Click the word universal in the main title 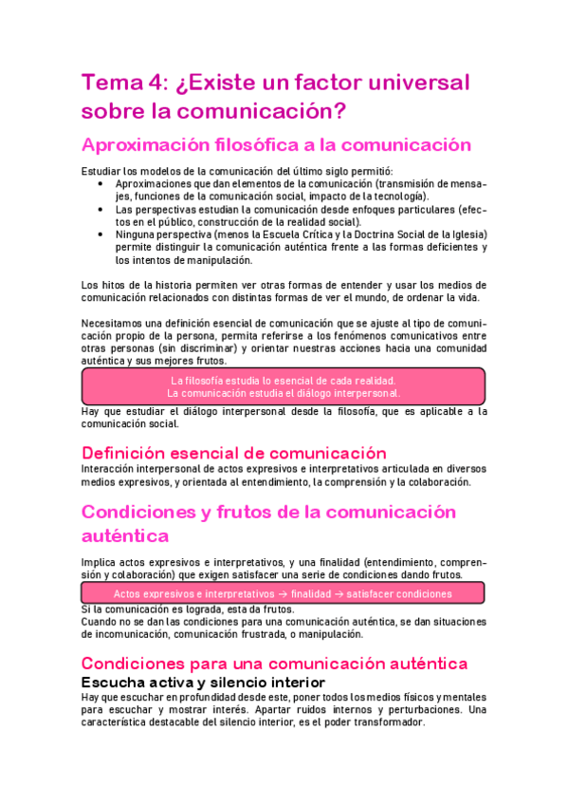tap(415, 83)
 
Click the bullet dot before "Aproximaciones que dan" tap(101, 183)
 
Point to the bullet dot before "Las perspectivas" tap(101, 209)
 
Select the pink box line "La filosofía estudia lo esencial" tap(284, 381)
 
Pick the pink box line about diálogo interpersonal tap(284, 393)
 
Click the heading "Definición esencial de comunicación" tap(234, 453)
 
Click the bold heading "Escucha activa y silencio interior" tap(203, 683)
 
